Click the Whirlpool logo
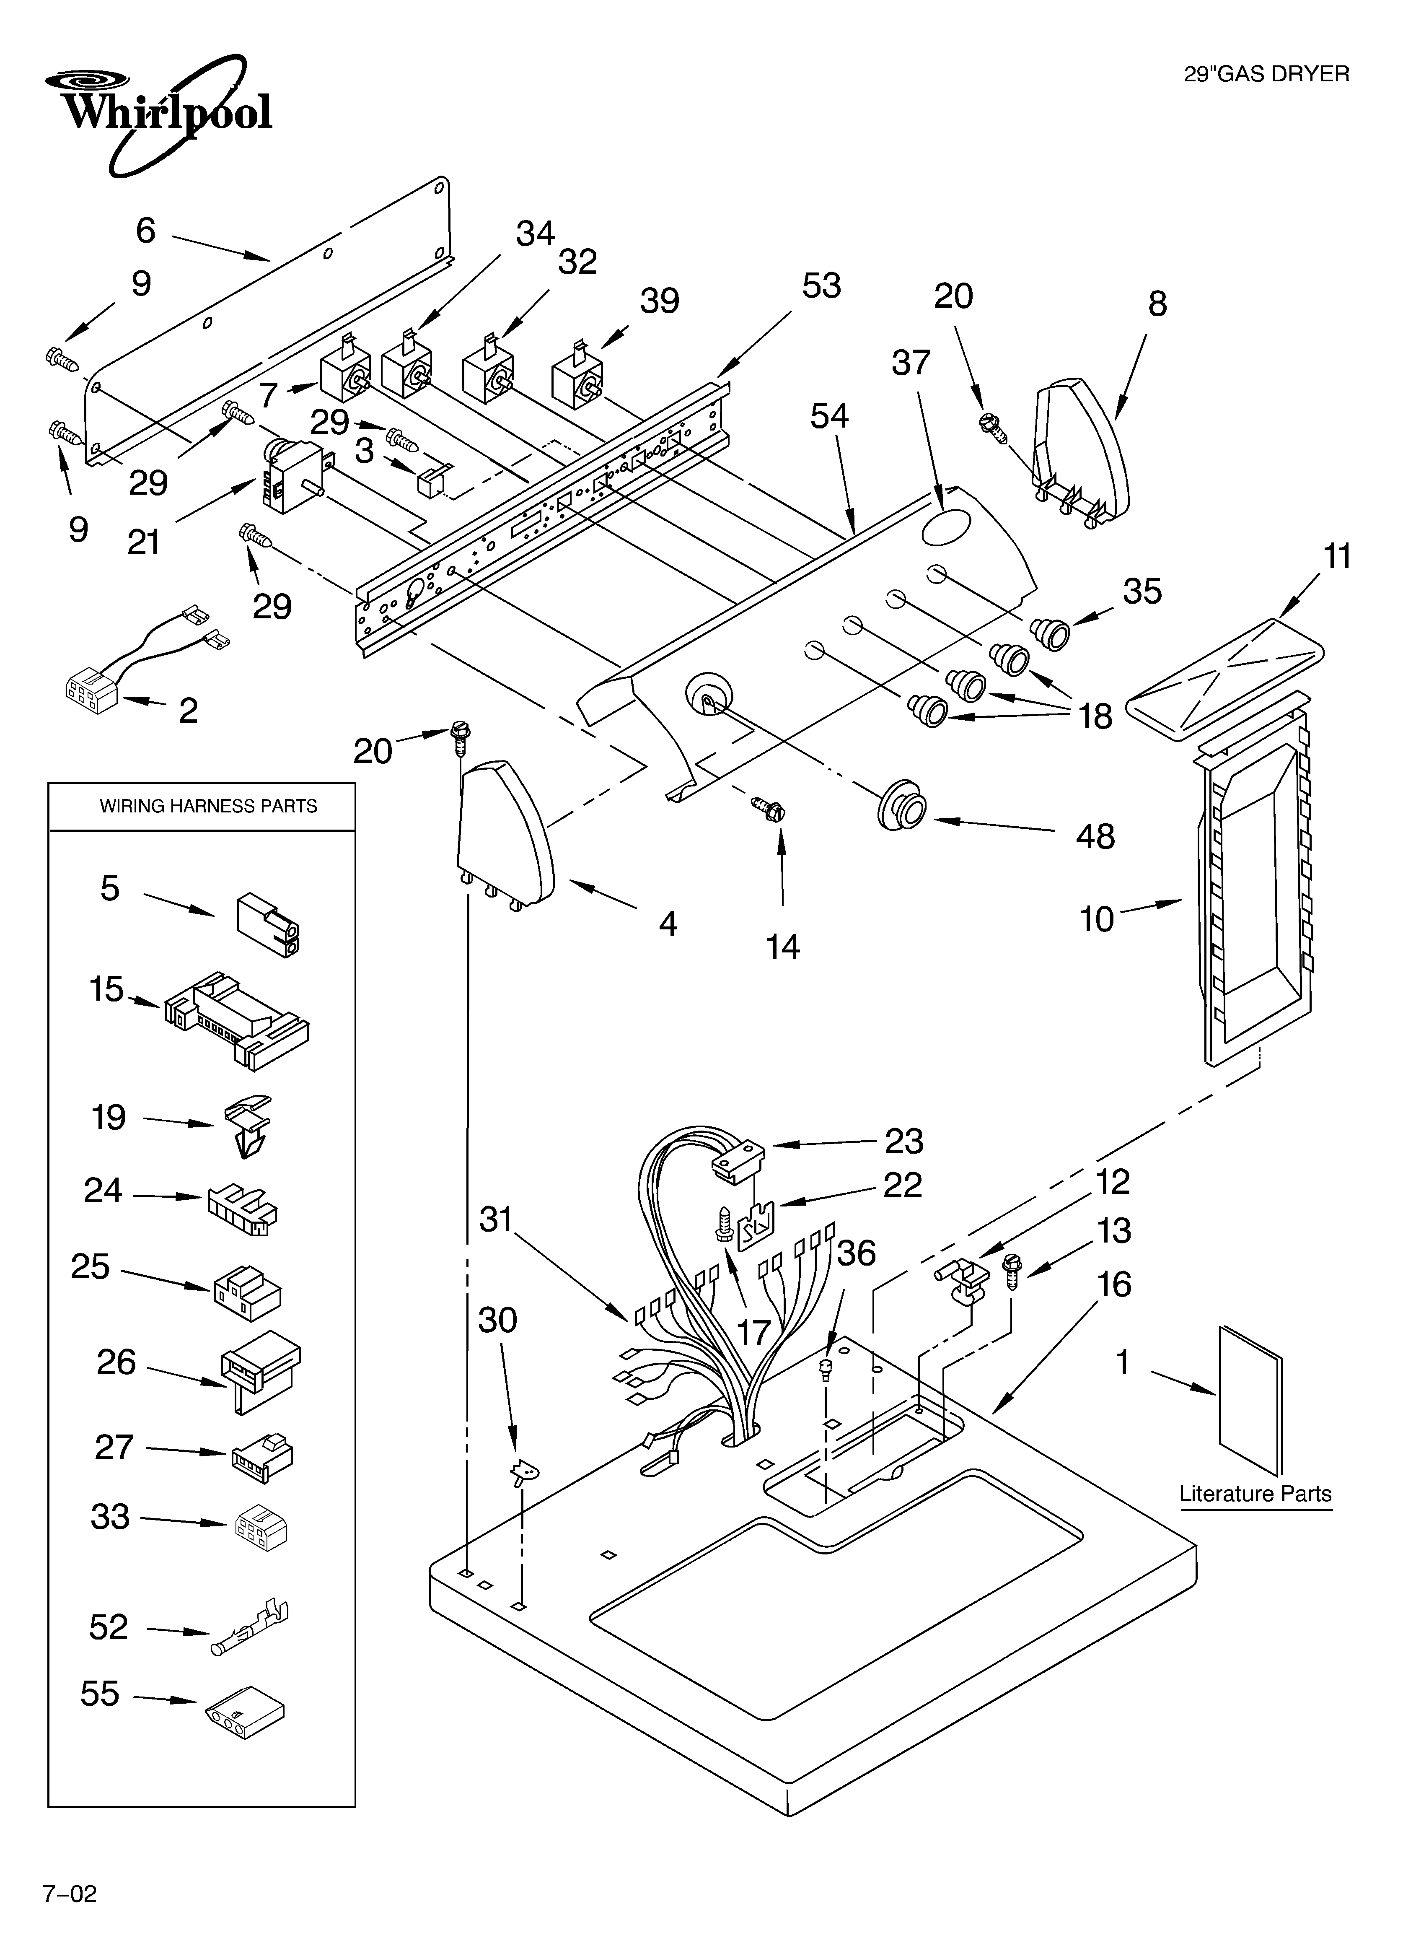(158, 111)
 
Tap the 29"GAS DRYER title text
(1266, 74)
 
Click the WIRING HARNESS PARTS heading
(207, 806)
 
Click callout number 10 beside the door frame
(1096, 919)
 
